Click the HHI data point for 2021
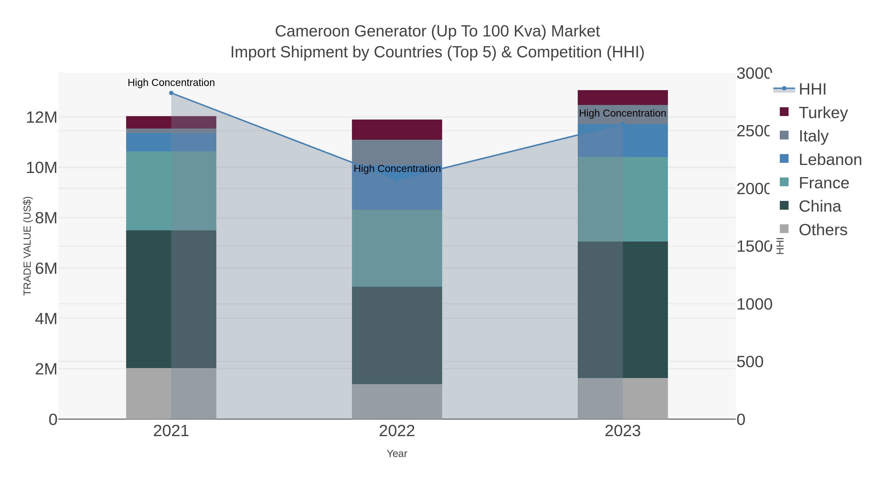point(171,93)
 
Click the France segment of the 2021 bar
point(171,190)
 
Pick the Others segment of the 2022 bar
point(397,401)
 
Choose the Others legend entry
point(823,230)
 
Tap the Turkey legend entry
point(823,112)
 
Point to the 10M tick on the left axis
point(41,168)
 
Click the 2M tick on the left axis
point(46,369)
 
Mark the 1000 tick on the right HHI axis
point(754,304)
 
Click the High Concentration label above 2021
point(171,83)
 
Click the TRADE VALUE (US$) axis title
point(27,246)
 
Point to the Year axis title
point(397,454)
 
